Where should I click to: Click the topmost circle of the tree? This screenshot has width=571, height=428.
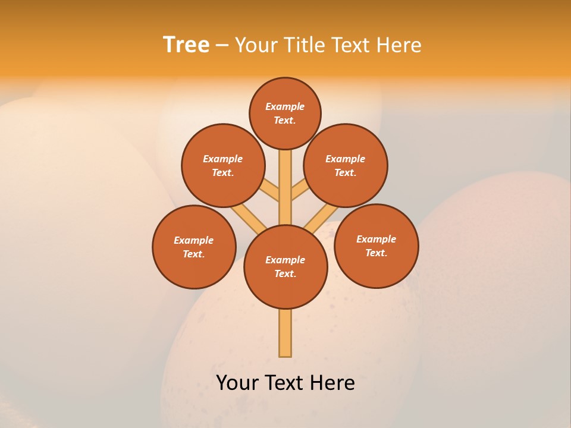pyautogui.click(x=285, y=113)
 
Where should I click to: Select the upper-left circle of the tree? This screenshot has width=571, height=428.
pyautogui.click(x=223, y=165)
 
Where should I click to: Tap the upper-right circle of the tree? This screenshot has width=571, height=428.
pyautogui.click(x=346, y=165)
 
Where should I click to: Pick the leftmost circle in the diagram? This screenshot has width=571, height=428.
pyautogui.click(x=194, y=247)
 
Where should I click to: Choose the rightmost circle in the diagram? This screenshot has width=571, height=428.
pyautogui.click(x=377, y=246)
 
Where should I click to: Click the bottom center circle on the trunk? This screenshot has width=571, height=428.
pyautogui.click(x=285, y=267)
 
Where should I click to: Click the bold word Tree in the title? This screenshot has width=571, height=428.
pyautogui.click(x=186, y=45)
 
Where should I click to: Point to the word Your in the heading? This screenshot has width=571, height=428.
pyautogui.click(x=255, y=45)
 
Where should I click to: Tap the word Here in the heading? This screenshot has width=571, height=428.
pyautogui.click(x=399, y=45)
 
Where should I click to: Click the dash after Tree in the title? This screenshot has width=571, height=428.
pyautogui.click(x=222, y=45)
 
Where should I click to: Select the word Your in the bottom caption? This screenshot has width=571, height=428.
pyautogui.click(x=237, y=382)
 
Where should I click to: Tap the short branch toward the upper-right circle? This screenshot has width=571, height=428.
pyautogui.click(x=300, y=191)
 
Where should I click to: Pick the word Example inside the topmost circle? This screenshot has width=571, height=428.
pyautogui.click(x=285, y=106)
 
